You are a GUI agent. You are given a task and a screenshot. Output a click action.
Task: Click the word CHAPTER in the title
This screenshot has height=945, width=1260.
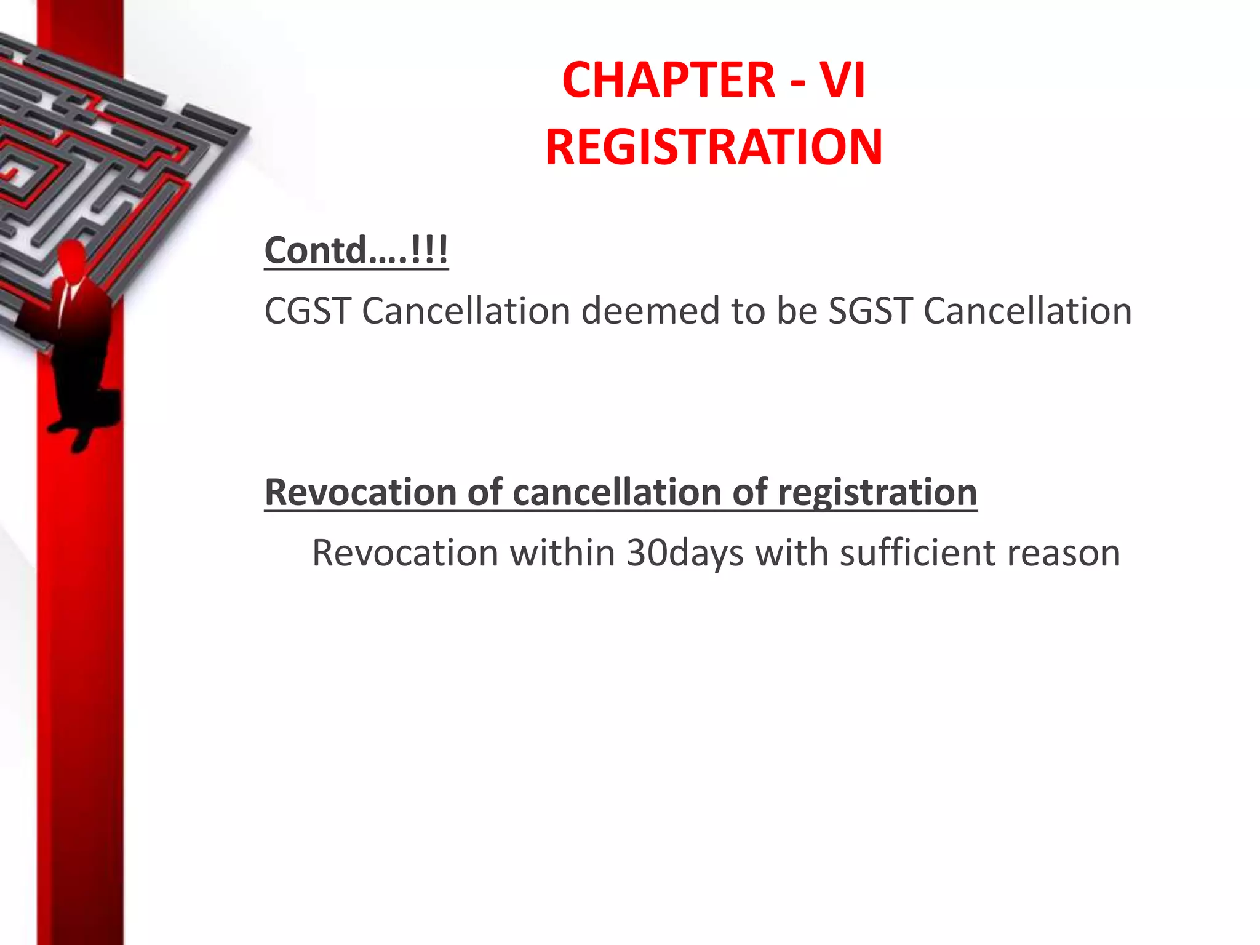668,81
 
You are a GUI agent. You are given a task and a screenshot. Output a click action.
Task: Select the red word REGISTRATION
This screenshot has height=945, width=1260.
714,147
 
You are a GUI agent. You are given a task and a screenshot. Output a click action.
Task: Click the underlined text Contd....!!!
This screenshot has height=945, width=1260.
356,250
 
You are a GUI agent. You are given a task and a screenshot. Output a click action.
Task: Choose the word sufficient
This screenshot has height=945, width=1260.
917,553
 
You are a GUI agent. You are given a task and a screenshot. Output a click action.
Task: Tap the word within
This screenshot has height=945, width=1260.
562,553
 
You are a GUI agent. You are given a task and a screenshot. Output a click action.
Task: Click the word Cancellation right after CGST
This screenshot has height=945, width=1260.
466,311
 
